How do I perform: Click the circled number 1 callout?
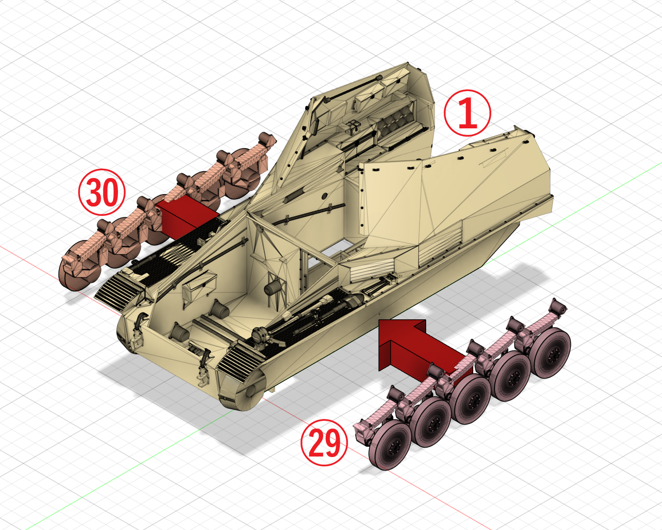[467, 113]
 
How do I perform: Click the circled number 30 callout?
[102, 192]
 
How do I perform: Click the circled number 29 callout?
[324, 443]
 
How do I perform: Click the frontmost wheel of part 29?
[390, 445]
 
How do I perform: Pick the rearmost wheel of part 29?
[551, 353]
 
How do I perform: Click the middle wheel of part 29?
[471, 400]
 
